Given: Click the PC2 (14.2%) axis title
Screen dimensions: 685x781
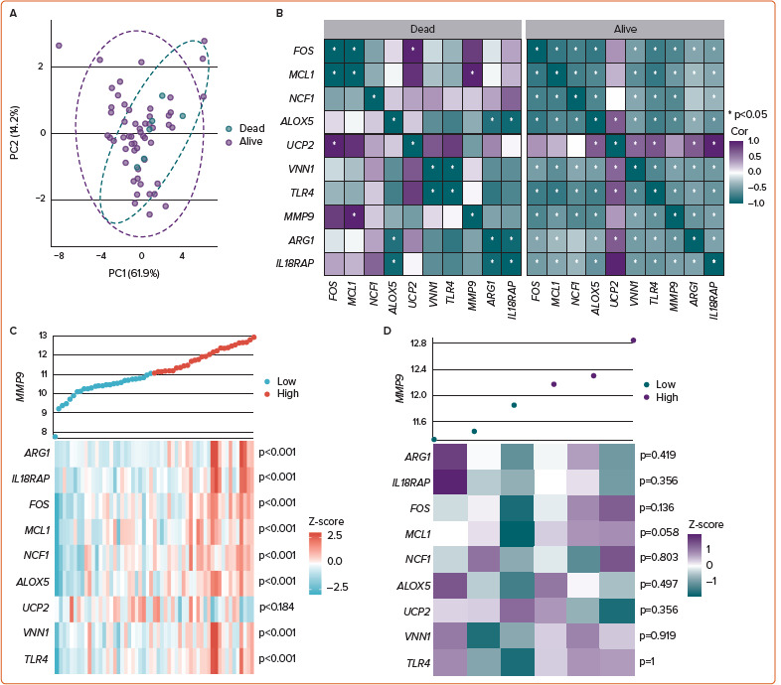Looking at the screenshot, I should point(13,132).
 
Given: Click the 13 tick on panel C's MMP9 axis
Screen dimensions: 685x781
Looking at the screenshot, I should point(42,336).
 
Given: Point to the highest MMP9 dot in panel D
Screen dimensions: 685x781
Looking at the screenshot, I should point(633,340).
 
